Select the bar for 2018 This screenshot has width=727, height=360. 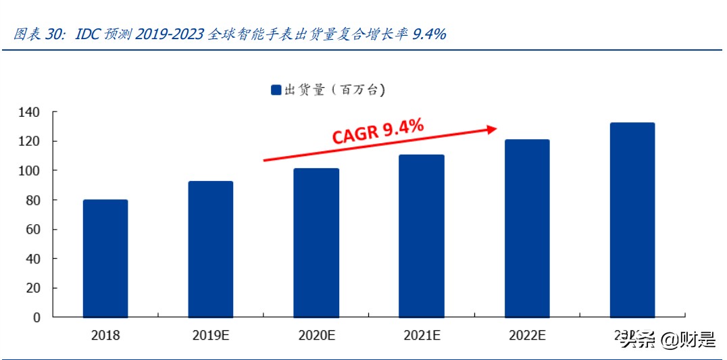click(105, 258)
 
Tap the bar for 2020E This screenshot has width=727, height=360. click(316, 242)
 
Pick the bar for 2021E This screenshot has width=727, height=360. click(422, 236)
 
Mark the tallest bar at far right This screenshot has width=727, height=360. click(632, 220)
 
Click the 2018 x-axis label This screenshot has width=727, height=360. click(105, 335)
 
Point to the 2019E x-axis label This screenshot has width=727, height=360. click(211, 335)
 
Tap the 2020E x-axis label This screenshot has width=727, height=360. click(316, 335)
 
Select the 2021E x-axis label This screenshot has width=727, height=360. click(422, 335)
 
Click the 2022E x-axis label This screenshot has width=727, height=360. click(527, 335)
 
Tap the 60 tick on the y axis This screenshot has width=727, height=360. click(32, 230)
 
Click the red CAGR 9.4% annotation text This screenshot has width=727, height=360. click(378, 130)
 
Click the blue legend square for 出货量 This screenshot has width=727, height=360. click(276, 90)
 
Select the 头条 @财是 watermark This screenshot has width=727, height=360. click(668, 340)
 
